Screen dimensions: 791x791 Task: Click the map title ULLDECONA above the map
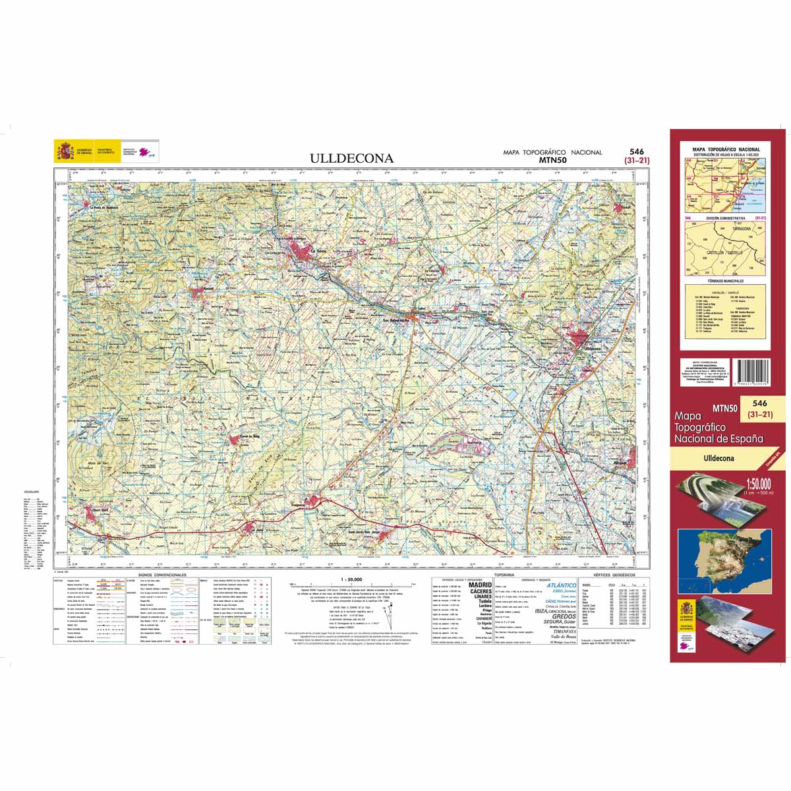pos(352,158)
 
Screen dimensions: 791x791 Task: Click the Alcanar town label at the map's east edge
pos(622,465)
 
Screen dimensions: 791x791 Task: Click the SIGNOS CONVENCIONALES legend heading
pos(162,575)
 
